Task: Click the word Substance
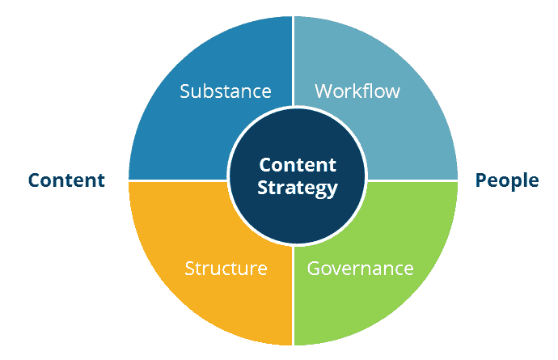[x=226, y=90]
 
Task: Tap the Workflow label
[x=357, y=90]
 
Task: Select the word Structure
[x=226, y=268]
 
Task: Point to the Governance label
[x=360, y=268]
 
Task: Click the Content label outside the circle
[x=66, y=180]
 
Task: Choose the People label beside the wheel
[x=507, y=180]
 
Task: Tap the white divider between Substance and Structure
[x=178, y=180]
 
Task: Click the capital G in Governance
[x=314, y=268]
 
